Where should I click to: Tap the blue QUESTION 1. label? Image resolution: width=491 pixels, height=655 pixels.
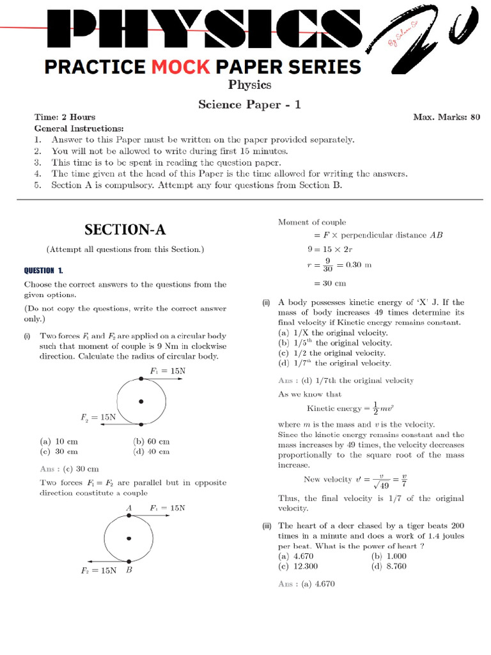[43, 271]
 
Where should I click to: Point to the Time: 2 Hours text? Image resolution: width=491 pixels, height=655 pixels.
[65, 117]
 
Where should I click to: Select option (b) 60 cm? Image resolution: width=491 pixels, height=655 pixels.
[152, 441]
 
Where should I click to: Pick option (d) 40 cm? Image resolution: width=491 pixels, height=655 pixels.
[152, 452]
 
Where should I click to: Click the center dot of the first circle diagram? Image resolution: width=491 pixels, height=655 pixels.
[141, 402]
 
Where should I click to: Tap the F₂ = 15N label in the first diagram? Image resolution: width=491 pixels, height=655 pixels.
[98, 417]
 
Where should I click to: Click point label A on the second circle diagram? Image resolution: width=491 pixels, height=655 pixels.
[129, 508]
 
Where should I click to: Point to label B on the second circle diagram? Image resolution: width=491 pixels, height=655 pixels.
[129, 571]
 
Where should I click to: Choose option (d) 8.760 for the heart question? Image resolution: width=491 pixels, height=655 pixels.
[389, 567]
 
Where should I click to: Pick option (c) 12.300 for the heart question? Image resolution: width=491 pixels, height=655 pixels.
[298, 567]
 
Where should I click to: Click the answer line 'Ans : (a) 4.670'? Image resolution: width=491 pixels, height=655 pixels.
[307, 584]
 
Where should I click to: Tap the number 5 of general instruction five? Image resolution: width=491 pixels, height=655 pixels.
[38, 185]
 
